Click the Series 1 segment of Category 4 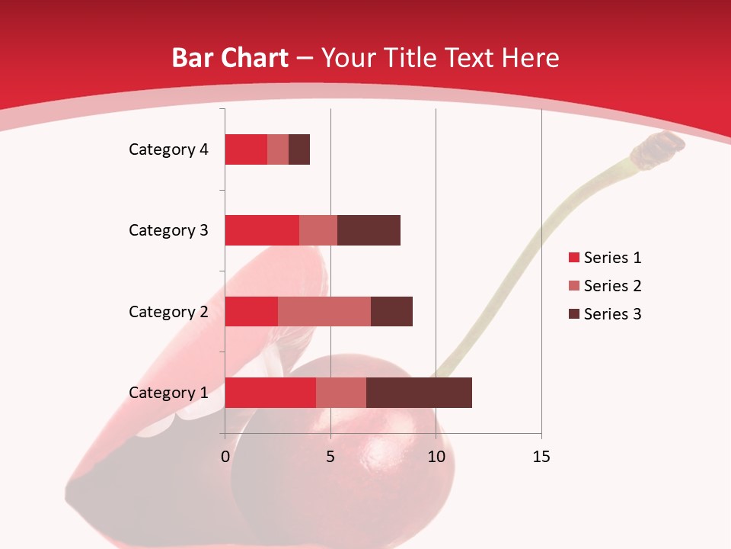(246, 149)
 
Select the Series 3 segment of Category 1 (419, 393)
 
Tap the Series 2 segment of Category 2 (324, 311)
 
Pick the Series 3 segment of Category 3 (369, 230)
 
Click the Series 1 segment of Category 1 (270, 393)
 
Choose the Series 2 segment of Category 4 (278, 149)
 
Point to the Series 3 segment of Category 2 (391, 311)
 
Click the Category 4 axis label (168, 149)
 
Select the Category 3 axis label (168, 230)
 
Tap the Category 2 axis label (168, 312)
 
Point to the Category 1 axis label (168, 393)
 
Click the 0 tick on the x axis (225, 457)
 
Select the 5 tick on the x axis (330, 457)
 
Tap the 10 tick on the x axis (436, 457)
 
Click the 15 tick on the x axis (541, 457)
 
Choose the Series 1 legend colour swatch (573, 258)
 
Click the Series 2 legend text (612, 286)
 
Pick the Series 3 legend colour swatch (573, 314)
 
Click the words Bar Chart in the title (229, 58)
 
